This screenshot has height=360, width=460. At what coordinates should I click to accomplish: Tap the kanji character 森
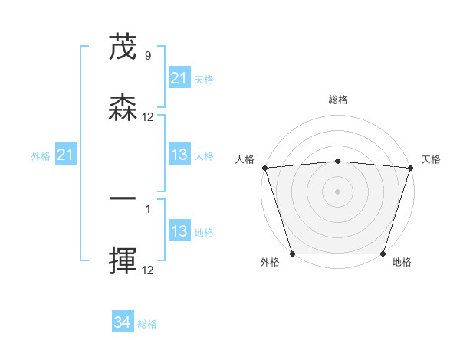click(x=123, y=110)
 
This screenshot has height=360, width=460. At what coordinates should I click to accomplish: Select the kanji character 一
click(x=123, y=201)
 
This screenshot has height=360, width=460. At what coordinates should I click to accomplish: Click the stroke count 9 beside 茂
click(x=147, y=56)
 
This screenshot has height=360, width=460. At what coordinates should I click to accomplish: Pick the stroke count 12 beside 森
click(x=148, y=117)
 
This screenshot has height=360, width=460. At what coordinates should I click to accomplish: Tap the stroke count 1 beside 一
click(x=147, y=208)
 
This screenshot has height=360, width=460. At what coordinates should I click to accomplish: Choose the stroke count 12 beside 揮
click(x=148, y=270)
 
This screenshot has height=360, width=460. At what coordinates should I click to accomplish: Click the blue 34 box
click(x=123, y=323)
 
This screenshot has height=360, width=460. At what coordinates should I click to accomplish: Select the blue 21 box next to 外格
click(x=66, y=155)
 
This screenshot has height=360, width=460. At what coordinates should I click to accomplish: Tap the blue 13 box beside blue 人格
click(x=179, y=155)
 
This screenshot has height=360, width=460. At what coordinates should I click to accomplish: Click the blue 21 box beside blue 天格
click(x=179, y=78)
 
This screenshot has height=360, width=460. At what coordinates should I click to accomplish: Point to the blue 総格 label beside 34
click(x=147, y=324)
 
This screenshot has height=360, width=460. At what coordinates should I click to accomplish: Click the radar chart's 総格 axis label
click(x=338, y=100)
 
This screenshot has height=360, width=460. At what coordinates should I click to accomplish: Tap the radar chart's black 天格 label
click(x=432, y=159)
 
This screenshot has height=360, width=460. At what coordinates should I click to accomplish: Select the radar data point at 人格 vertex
click(x=264, y=168)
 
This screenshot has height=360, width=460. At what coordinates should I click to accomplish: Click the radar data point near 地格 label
click(x=383, y=254)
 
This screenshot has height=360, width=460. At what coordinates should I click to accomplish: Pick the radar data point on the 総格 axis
click(x=338, y=161)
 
